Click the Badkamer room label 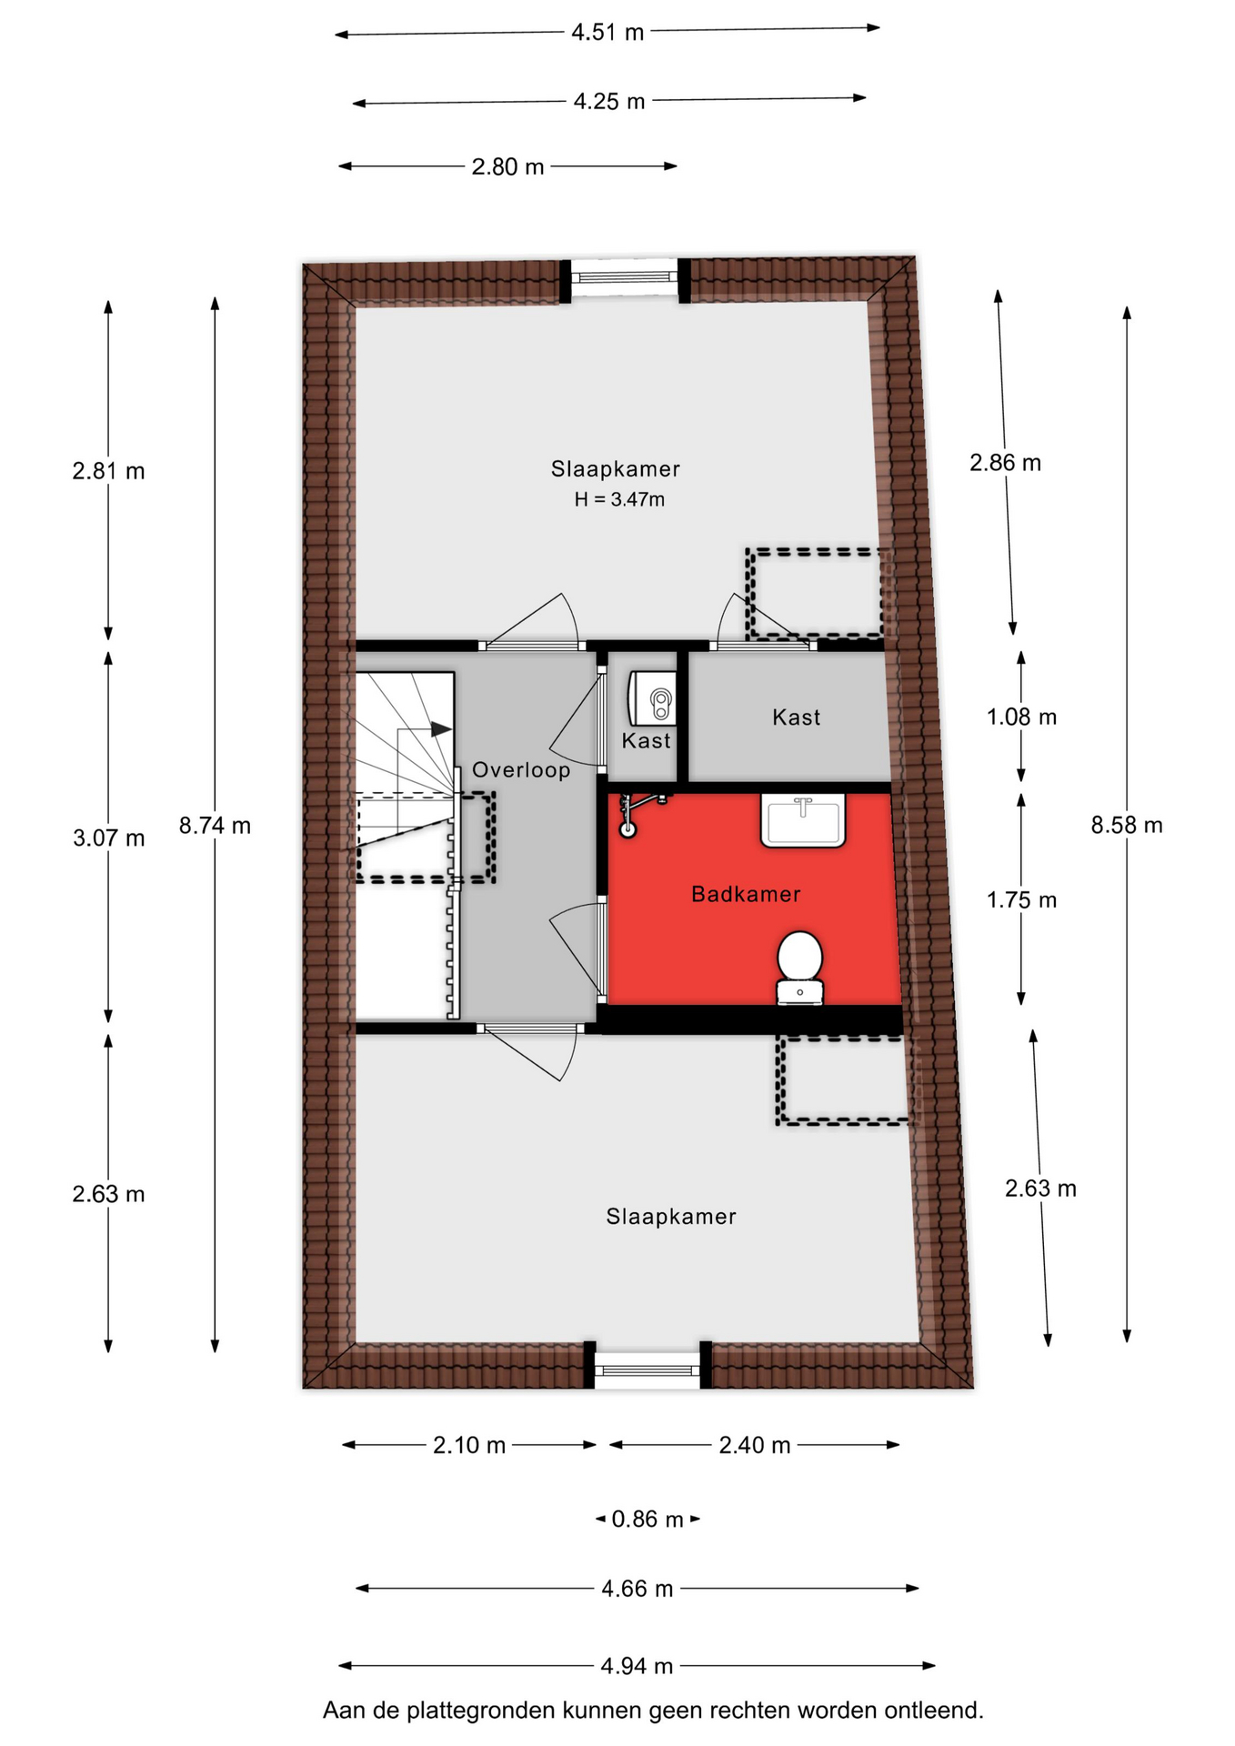coord(746,894)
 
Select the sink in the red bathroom coord(803,820)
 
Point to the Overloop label coord(521,770)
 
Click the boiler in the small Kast coord(652,698)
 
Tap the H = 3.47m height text coord(619,499)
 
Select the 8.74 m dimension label coord(215,826)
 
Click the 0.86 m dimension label coord(648,1520)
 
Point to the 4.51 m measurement coord(607,33)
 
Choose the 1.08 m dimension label coord(1022,717)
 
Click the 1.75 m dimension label coord(1022,900)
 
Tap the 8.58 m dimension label coord(1127,825)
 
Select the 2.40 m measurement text coord(755,1445)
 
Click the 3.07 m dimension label coord(109,838)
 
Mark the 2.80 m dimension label coord(507,167)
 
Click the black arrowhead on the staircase coord(442,729)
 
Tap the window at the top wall coord(625,276)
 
